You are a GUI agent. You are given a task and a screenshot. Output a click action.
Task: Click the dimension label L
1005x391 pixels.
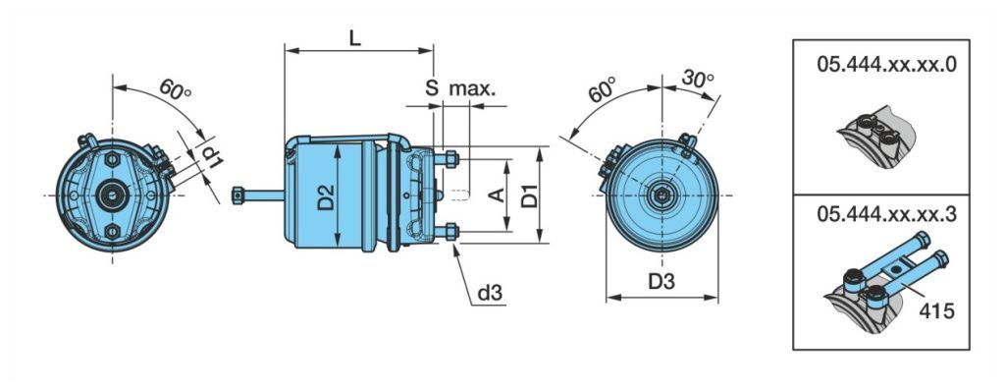coord(354,38)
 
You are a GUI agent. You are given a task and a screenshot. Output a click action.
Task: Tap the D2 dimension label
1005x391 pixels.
coord(326,197)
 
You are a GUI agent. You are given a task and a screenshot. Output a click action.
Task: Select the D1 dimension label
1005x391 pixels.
coord(529,195)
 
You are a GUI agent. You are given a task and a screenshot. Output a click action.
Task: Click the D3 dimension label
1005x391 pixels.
coord(661,282)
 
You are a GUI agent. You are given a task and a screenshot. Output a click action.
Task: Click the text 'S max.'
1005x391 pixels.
coord(460,88)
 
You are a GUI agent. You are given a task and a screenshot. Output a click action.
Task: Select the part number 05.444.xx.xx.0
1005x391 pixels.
coord(887,65)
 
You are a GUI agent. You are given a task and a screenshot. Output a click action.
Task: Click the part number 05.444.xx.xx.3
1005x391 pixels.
coord(887,214)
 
